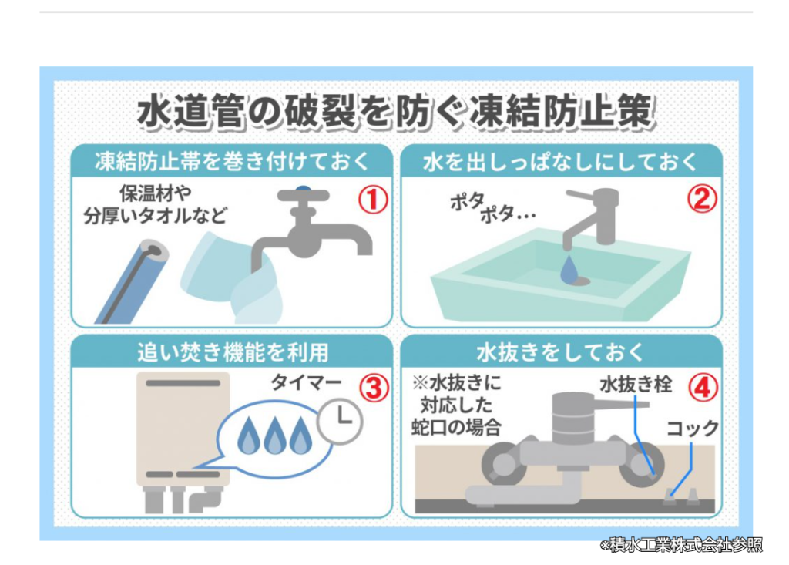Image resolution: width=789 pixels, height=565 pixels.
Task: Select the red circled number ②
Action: tap(701, 200)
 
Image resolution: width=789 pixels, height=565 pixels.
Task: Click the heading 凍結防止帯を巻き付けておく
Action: tap(231, 162)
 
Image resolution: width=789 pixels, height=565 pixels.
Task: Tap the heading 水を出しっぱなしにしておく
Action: tap(561, 162)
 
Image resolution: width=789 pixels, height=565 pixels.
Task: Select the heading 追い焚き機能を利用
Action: tap(231, 352)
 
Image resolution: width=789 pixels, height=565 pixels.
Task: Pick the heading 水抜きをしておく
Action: tap(561, 352)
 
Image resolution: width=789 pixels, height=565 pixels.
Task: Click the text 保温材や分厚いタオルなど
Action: tap(156, 203)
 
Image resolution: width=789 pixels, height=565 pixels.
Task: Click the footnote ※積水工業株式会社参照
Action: tap(681, 545)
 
